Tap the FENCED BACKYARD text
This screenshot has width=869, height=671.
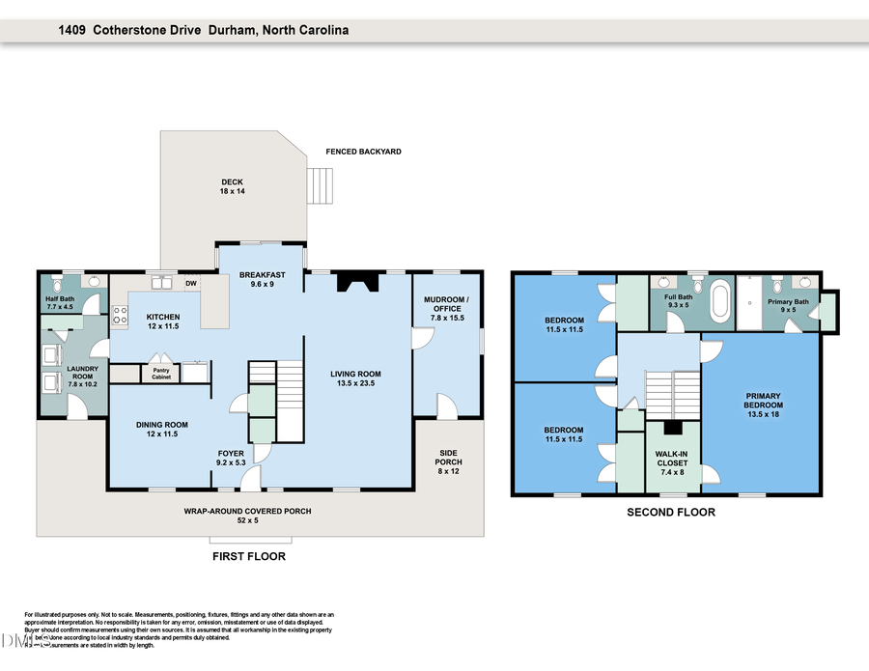(363, 152)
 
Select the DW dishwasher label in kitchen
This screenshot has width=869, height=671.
(191, 284)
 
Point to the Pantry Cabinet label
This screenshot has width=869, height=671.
(161, 373)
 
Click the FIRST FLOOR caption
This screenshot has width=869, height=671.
(248, 556)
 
